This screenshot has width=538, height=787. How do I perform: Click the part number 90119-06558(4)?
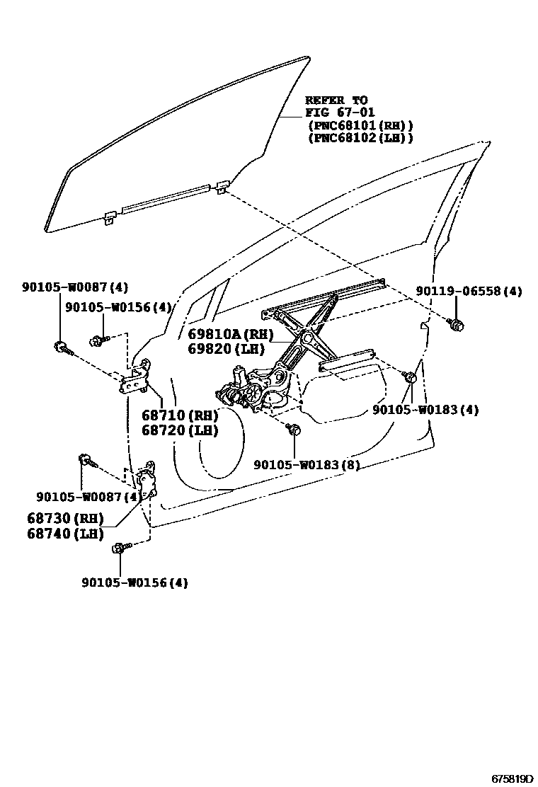469,291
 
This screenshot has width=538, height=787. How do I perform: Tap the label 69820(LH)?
227,348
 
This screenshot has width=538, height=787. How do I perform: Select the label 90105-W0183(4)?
425,410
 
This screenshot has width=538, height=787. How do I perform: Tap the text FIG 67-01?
340,112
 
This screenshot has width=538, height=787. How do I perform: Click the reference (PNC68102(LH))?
360,137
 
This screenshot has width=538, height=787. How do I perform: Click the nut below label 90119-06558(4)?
456,325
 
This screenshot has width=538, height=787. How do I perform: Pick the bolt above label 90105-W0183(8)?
294,429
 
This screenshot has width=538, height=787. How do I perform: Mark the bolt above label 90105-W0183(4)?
408,377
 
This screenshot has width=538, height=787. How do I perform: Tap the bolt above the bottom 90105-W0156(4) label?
120,548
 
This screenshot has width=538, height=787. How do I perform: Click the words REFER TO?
336,100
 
